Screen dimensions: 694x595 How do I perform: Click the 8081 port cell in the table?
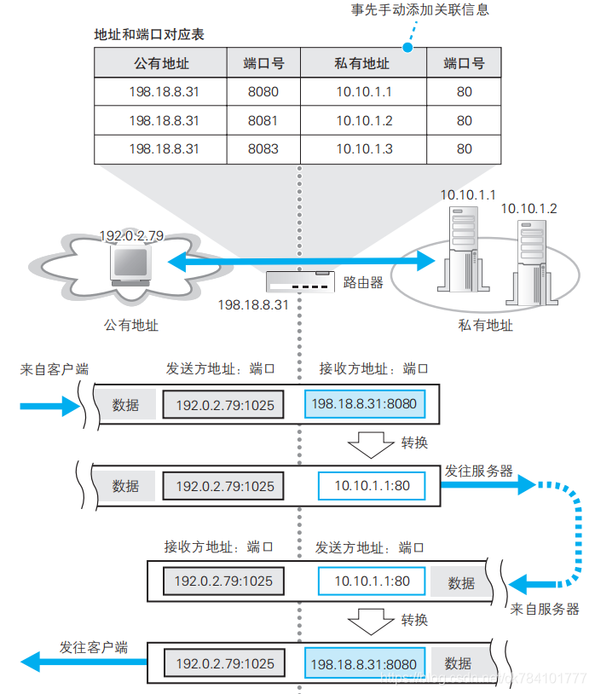click(263, 121)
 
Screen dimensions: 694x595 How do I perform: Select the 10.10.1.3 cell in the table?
click(364, 149)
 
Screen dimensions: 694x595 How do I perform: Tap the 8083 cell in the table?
click(263, 149)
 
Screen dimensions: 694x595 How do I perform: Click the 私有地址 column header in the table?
click(364, 64)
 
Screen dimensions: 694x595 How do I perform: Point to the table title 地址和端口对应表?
click(149, 36)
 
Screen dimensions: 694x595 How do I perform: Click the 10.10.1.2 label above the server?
click(529, 208)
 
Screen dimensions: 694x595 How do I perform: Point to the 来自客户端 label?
click(55, 369)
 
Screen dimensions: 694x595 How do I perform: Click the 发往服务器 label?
click(478, 471)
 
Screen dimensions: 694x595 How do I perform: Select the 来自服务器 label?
click(545, 609)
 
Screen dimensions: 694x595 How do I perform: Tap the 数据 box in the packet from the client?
click(125, 405)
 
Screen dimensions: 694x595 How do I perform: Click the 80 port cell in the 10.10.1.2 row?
click(464, 121)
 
